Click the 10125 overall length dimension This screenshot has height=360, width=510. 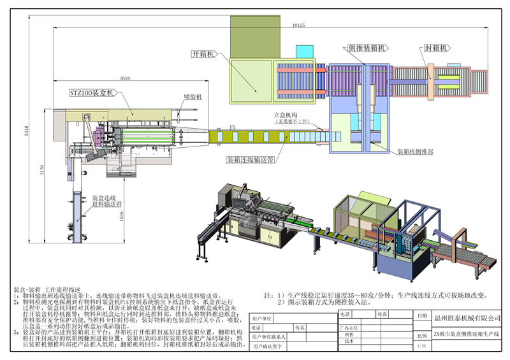298,25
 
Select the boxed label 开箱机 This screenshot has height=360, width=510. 203,54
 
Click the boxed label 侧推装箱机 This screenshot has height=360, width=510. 366,48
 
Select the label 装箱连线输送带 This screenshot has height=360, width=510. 251,160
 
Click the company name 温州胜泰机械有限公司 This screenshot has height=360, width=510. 467,318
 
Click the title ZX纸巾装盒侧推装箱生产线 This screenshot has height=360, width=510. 467,335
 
